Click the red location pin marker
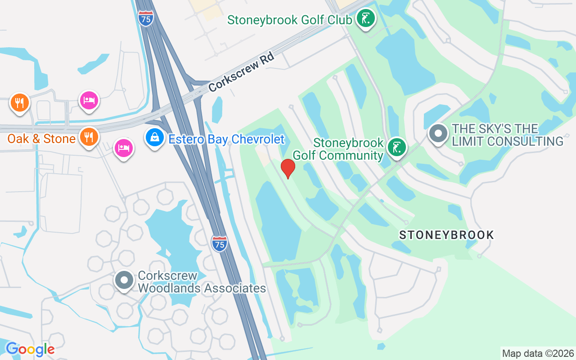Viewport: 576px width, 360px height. point(288,168)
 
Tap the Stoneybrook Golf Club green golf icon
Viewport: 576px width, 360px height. point(366,19)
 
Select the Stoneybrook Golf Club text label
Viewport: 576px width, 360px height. point(289,20)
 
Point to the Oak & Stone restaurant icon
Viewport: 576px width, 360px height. point(89,136)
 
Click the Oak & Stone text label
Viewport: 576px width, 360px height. point(41,139)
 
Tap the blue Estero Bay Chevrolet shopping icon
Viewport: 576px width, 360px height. point(155,138)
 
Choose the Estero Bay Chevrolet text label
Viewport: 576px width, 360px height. point(226,139)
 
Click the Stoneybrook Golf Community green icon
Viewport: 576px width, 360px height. point(396,147)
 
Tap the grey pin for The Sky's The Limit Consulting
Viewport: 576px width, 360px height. point(438,134)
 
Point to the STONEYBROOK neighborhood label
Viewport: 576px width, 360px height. point(446,235)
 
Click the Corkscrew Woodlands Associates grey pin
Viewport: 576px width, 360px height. point(124,280)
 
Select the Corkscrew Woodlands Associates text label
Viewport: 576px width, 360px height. point(202,282)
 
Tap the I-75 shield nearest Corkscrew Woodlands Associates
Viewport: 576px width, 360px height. point(219,243)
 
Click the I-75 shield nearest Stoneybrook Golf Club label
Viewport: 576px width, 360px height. point(145,18)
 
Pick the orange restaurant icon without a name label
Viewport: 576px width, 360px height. point(19,103)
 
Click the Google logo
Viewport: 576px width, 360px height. point(30,349)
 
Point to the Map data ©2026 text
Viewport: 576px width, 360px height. point(538,353)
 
